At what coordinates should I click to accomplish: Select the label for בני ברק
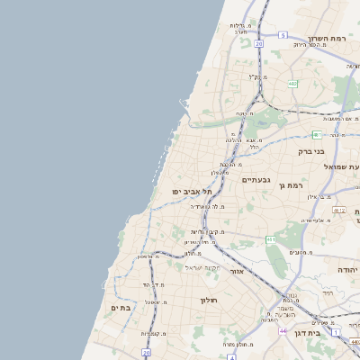(310, 151)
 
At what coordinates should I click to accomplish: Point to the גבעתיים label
(256, 180)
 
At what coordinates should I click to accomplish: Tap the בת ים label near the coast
(121, 308)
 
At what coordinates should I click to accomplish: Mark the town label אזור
(238, 270)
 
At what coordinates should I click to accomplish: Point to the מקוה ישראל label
(202, 267)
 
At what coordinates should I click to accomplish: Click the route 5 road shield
(282, 36)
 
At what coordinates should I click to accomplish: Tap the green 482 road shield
(292, 84)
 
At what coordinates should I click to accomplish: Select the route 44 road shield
(283, 331)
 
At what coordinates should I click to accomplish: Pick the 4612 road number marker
(339, 210)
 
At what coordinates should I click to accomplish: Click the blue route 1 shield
(336, 333)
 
